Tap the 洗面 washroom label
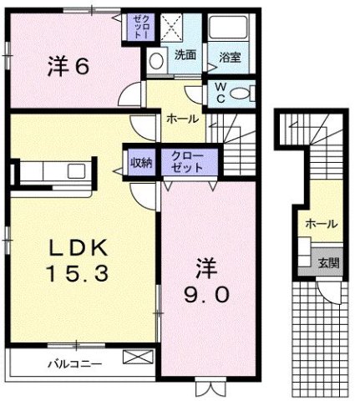pyautogui.click(x=185, y=55)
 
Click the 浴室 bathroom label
pyautogui.click(x=230, y=57)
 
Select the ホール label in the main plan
pyautogui.click(x=182, y=119)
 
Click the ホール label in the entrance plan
pyautogui.click(x=321, y=224)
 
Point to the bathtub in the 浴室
pyautogui.click(x=228, y=29)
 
